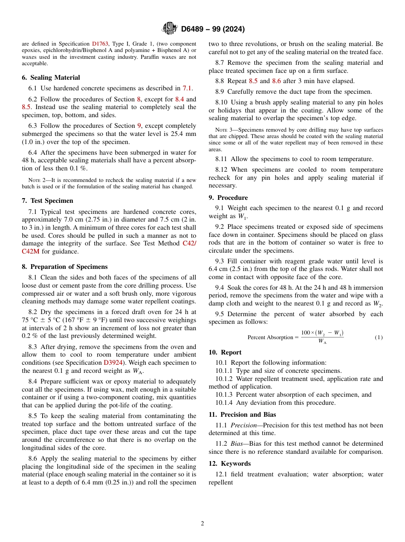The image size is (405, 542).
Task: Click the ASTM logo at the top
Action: [x=169, y=29]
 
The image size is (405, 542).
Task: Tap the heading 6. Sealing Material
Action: [x=51, y=78]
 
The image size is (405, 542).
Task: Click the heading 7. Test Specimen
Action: [x=47, y=201]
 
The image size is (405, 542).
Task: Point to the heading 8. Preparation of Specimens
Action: [x=64, y=267]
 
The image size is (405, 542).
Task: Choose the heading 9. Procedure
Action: [x=228, y=198]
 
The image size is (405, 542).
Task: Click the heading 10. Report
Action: [x=225, y=352]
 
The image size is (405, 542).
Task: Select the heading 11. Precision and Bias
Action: [x=242, y=415]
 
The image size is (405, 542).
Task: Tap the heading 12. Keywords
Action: [x=230, y=464]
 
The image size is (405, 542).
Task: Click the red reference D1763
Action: [x=100, y=44]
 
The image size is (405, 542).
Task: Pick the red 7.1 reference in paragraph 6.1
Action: [x=188, y=88]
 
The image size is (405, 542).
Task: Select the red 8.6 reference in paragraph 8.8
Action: [x=277, y=81]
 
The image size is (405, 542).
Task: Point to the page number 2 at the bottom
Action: [x=202, y=524]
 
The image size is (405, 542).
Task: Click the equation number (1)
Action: [x=378, y=337]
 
